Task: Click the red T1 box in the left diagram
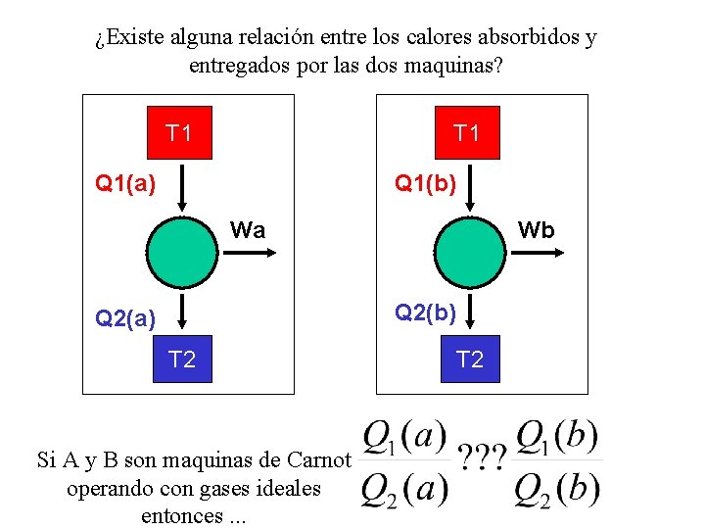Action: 179,132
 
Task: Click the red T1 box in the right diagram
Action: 466,132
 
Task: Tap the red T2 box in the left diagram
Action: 181,360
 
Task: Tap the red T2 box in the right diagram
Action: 470,360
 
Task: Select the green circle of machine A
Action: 181,252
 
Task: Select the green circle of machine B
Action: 469,252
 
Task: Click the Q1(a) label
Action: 124,182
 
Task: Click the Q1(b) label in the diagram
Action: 425,182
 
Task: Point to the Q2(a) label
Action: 124,317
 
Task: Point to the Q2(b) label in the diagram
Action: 425,313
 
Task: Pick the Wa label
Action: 247,230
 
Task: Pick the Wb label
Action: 536,230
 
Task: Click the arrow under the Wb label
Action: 536,253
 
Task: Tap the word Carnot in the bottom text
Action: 320,459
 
